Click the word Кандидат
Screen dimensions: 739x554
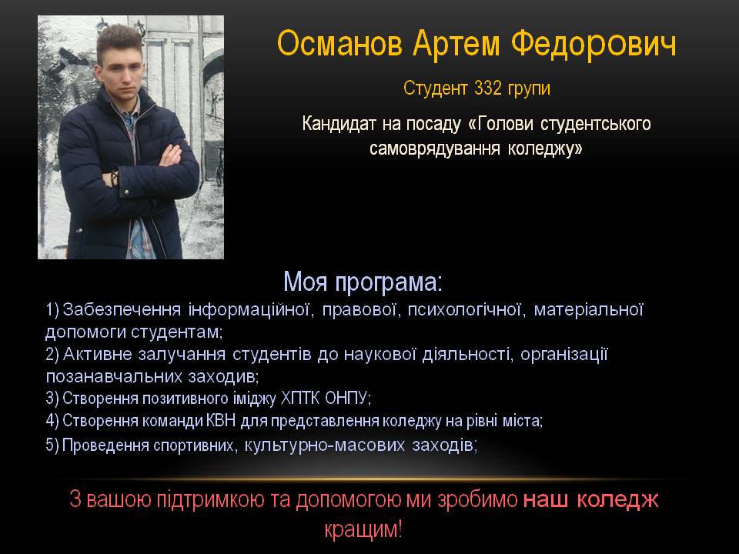click(339, 124)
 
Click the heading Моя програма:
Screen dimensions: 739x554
click(363, 282)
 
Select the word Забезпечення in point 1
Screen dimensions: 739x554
click(122, 309)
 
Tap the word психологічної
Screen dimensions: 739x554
click(464, 309)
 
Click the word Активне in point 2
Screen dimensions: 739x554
click(97, 354)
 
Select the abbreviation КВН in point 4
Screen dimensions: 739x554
click(221, 420)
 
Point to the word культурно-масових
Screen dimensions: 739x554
click(324, 445)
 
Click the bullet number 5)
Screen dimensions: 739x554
click(52, 446)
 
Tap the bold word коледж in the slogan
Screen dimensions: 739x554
click(617, 500)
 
